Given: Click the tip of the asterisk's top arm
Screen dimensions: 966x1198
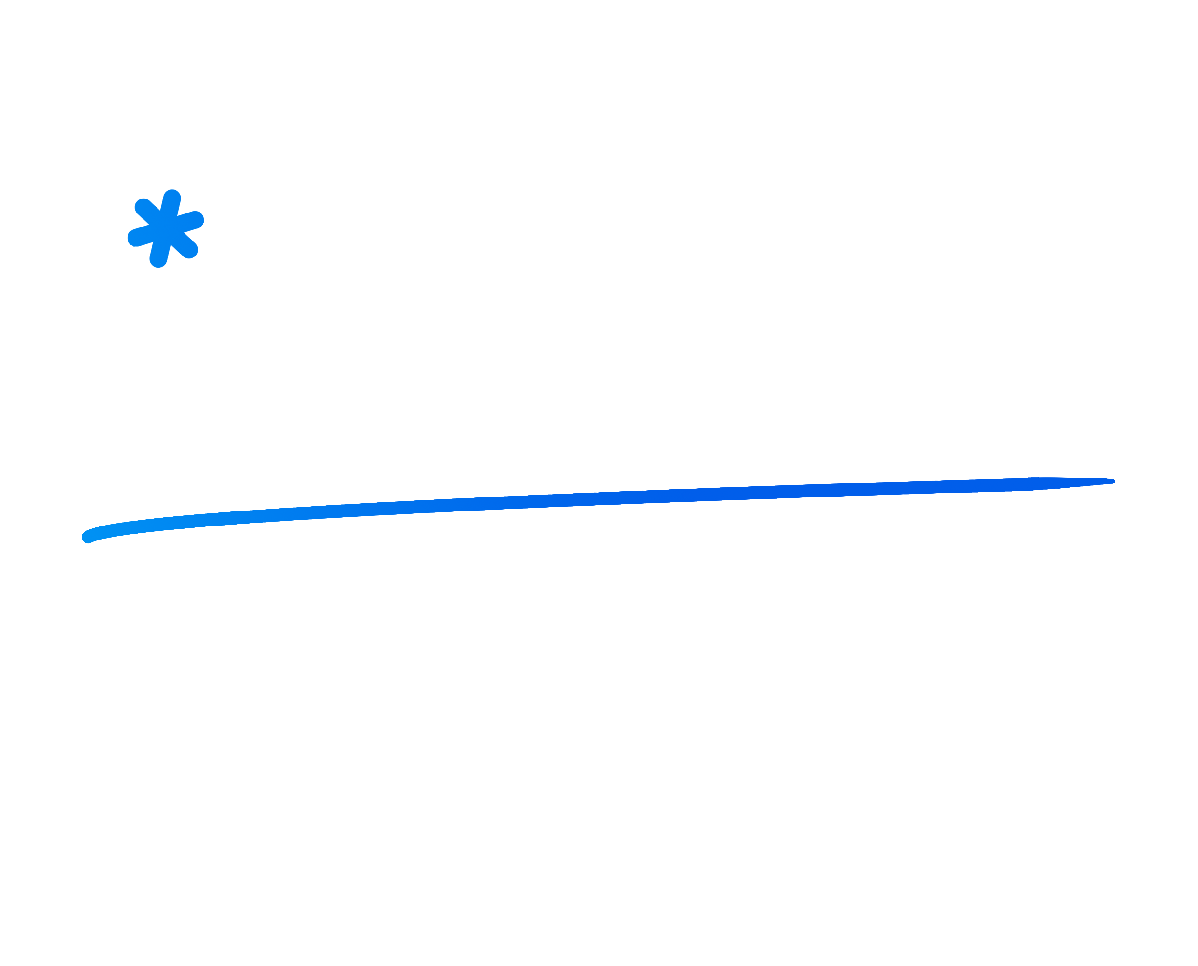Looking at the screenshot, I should coord(172,197).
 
